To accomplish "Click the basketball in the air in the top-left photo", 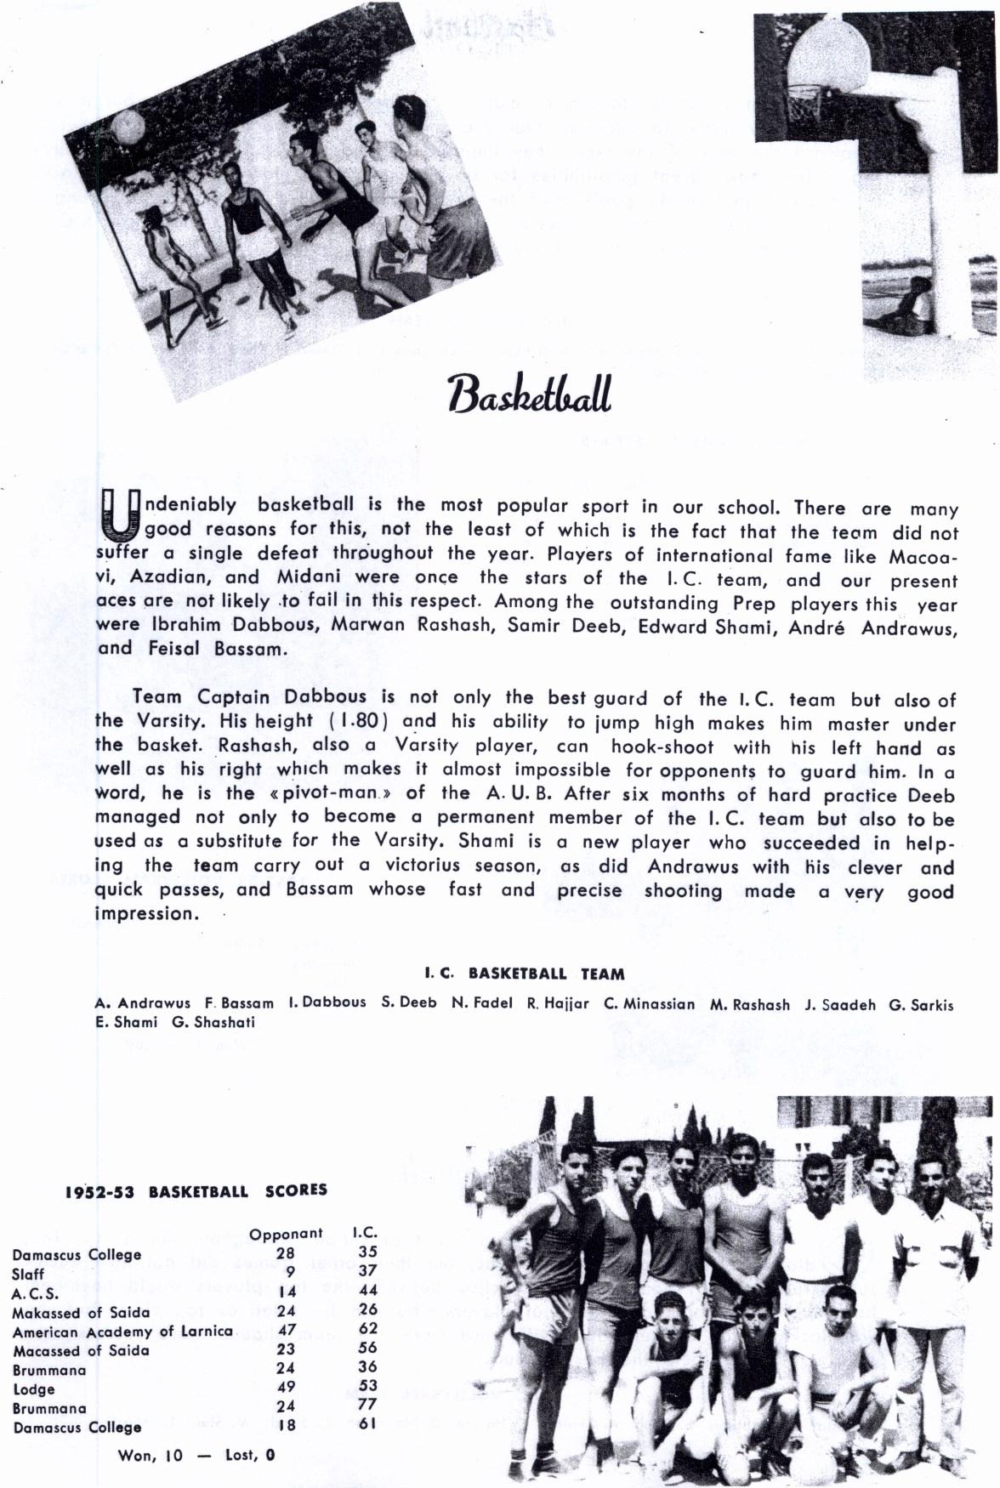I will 129,128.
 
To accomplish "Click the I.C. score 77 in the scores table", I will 366,1404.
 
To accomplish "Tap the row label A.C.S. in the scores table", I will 36,1294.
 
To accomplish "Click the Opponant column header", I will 286,1233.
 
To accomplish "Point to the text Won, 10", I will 151,1455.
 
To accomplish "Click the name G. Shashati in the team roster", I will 213,1022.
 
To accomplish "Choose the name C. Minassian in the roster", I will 649,1003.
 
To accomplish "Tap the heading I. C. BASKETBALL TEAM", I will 525,974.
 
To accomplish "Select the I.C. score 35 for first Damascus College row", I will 366,1252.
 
